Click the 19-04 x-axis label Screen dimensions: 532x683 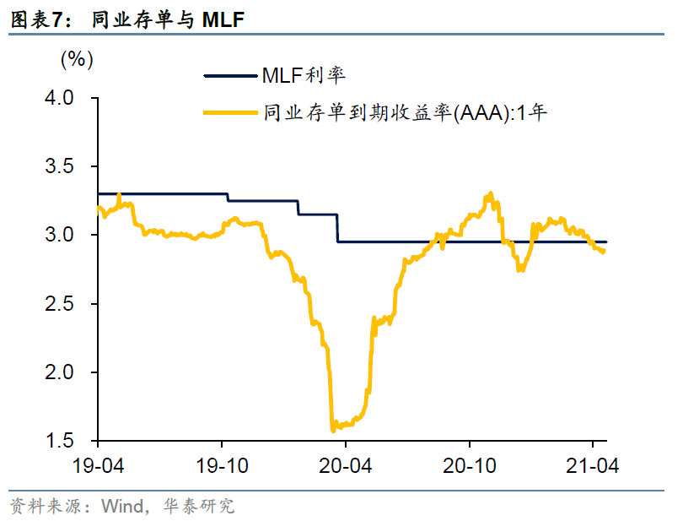(98, 464)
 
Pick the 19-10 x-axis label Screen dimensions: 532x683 (222, 464)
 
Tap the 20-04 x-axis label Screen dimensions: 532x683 (346, 464)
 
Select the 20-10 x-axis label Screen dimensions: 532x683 (469, 464)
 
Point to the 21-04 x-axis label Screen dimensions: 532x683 (593, 464)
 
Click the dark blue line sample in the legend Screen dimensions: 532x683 (231, 76)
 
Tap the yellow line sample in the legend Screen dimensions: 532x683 (231, 111)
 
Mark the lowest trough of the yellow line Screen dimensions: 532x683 (332, 430)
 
